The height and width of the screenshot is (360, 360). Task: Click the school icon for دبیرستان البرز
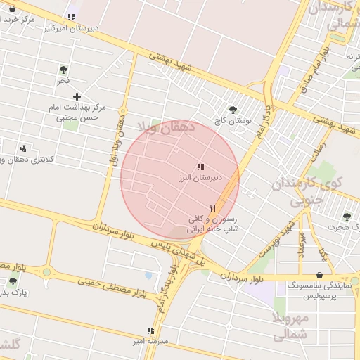[x=201, y=167]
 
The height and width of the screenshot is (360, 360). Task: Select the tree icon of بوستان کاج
[x=233, y=109]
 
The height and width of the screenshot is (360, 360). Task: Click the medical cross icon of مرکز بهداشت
[x=77, y=96]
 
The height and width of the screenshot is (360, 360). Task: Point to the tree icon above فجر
[x=64, y=70]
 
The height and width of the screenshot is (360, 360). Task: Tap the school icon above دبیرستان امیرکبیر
[x=70, y=18]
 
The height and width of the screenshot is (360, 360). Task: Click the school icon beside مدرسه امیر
[x=150, y=330]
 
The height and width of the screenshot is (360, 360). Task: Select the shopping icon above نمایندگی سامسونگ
[x=321, y=274]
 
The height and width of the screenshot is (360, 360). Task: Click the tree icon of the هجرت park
[x=346, y=217]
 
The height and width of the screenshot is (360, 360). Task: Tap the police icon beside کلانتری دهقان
[x=24, y=148]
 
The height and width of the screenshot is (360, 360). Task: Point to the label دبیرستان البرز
[x=200, y=178]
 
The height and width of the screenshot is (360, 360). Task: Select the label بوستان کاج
[x=234, y=121]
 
